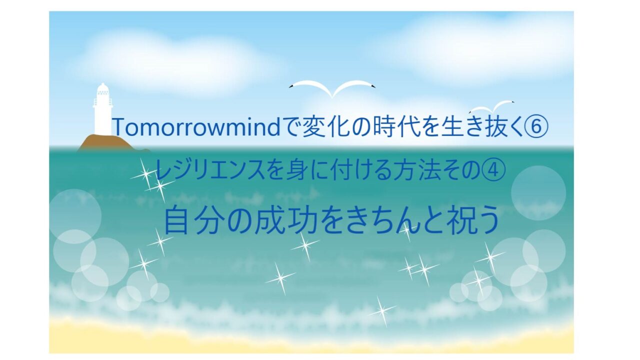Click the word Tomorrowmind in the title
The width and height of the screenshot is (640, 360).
pyautogui.click(x=197, y=127)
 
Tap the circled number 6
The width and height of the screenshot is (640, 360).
pyautogui.click(x=536, y=126)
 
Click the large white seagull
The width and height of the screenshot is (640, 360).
pyautogui.click(x=332, y=88)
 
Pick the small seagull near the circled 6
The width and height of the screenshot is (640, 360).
pyautogui.click(x=492, y=107)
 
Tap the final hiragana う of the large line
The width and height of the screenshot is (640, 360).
pyautogui.click(x=487, y=220)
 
